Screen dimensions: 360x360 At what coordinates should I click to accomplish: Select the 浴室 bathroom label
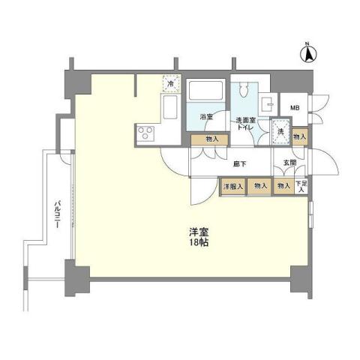point(206,117)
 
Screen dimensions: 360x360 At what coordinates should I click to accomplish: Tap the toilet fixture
point(242,94)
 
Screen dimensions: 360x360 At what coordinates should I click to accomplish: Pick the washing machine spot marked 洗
point(280,130)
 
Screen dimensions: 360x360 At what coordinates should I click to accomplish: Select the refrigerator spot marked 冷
point(169,84)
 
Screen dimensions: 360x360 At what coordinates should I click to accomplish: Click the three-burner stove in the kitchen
point(145,133)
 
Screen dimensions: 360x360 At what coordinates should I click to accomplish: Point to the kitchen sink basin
point(169,108)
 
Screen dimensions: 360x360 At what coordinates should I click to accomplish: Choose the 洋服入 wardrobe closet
point(231,186)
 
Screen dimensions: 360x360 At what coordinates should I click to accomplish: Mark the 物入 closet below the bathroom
point(211,138)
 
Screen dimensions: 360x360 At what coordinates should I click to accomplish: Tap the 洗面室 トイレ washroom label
point(246,123)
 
